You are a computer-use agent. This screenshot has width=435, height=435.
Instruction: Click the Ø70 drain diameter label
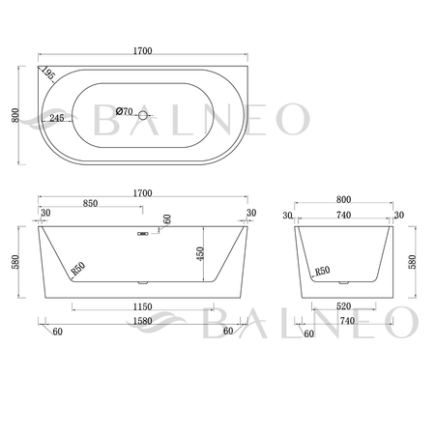[x=125, y=112]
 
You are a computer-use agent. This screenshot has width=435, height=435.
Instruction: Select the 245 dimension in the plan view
[x=55, y=118]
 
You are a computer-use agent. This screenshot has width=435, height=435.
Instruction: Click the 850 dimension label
[x=91, y=204]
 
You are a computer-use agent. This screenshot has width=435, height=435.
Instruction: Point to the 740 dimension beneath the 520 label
[x=345, y=321]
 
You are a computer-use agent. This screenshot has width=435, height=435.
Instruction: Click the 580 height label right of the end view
[x=415, y=262]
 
